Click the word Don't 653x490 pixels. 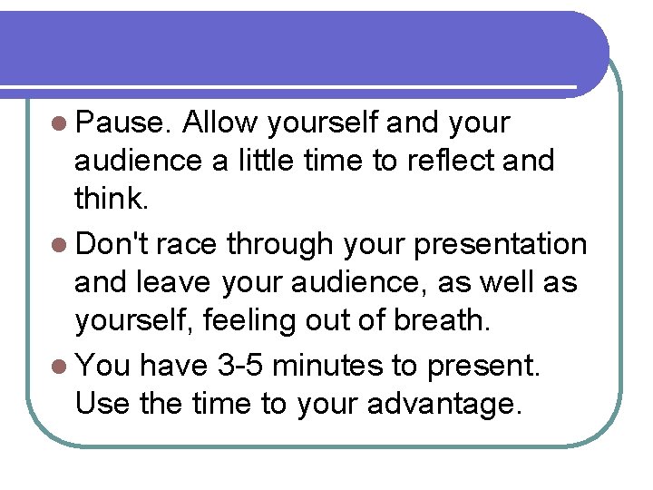pos(116,243)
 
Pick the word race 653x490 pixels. pos(188,243)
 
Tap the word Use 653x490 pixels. pos(103,403)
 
